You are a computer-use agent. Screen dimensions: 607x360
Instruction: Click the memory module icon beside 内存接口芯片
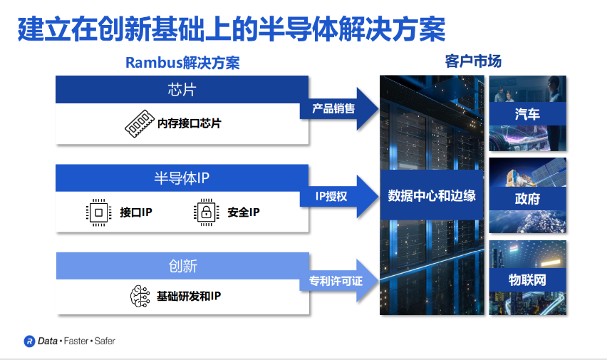(x=140, y=123)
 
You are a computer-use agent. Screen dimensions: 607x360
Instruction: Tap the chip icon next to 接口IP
(x=99, y=212)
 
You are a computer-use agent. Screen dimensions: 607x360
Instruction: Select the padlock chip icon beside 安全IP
(x=207, y=212)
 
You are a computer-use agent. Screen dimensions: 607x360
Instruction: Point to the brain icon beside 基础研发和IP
(x=140, y=297)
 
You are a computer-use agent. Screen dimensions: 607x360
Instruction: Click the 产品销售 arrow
(x=339, y=108)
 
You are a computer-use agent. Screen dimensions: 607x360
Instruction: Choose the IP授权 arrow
(x=339, y=196)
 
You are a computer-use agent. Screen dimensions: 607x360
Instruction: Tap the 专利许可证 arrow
(x=339, y=281)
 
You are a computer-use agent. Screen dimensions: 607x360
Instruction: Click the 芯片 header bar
(x=182, y=90)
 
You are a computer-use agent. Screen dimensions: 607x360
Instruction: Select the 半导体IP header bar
(x=182, y=178)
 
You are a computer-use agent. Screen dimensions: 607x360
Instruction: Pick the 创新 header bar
(x=182, y=266)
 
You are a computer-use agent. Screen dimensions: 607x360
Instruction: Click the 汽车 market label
(x=527, y=114)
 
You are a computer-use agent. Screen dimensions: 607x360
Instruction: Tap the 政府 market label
(x=527, y=199)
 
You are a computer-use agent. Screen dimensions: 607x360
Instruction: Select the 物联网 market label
(x=527, y=279)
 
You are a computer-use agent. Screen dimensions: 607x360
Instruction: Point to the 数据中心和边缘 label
(x=432, y=195)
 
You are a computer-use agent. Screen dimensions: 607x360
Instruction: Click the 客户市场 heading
(x=473, y=61)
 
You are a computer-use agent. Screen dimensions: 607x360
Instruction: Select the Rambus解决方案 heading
(x=182, y=63)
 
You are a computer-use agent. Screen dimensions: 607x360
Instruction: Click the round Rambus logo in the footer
(x=29, y=341)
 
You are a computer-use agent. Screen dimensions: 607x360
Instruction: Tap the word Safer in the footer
(x=105, y=341)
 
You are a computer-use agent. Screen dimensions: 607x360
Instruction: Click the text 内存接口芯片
(x=190, y=123)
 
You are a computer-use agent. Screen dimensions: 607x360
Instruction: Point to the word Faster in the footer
(x=76, y=341)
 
